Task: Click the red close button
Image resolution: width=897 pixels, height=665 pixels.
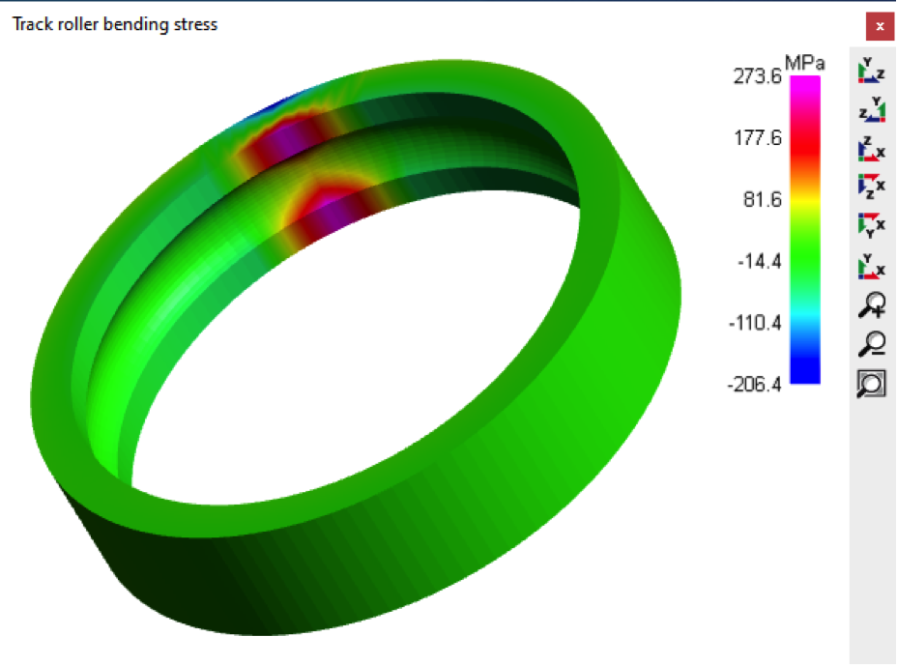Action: (880, 26)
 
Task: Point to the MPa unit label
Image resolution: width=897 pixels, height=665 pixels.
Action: (804, 63)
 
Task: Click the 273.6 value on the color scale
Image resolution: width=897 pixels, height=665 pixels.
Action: (757, 76)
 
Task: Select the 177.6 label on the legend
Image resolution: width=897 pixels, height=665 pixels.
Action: (758, 138)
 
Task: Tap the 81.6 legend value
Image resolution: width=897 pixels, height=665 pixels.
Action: (762, 200)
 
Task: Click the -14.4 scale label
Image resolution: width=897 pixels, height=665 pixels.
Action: (759, 262)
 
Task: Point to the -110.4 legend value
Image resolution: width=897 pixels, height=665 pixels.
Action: (755, 324)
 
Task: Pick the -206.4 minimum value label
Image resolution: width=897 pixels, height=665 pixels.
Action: (754, 385)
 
